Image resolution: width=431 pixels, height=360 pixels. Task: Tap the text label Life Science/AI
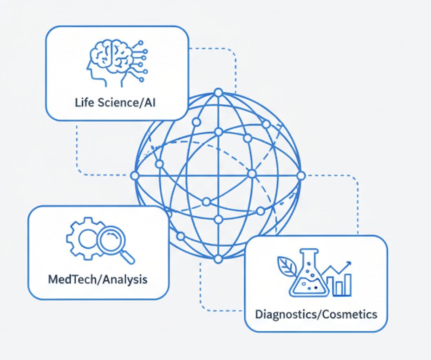coord(115,102)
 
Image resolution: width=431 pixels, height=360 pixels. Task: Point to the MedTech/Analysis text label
coord(98,279)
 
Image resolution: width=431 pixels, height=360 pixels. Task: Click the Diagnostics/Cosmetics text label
coord(316,314)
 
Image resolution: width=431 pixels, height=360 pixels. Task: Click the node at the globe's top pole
coord(218,92)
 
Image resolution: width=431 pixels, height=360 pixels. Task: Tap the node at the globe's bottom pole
coord(218,258)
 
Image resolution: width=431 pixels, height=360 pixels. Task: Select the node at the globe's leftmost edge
coord(135,176)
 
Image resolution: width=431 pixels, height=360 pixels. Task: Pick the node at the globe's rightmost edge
coord(301,176)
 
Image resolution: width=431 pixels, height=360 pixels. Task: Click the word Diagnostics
coord(283,314)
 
